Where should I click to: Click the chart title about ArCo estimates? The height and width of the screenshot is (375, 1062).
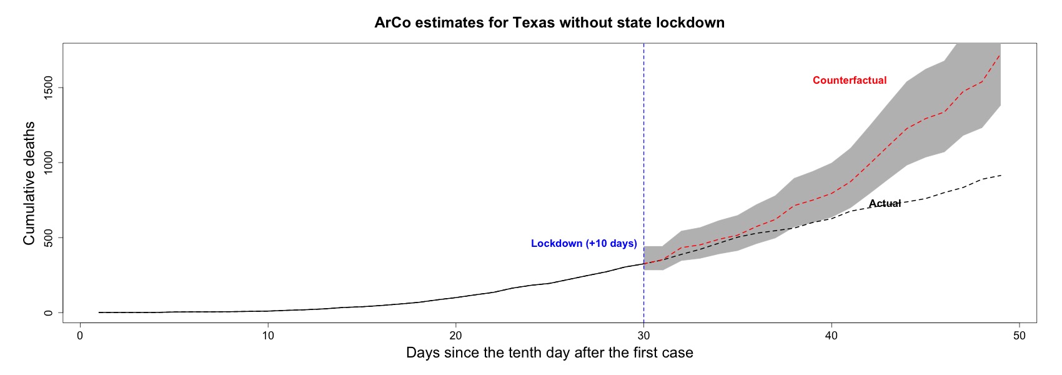(x=550, y=22)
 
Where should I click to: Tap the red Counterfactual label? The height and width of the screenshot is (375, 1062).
(x=850, y=81)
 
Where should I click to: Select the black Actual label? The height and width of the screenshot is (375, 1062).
(x=885, y=203)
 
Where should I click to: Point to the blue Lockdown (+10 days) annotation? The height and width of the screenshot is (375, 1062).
(x=584, y=243)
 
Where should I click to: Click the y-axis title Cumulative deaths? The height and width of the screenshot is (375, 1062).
(x=29, y=183)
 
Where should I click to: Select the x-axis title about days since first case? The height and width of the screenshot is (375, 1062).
(x=550, y=352)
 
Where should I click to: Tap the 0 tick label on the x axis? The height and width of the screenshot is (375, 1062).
(x=80, y=336)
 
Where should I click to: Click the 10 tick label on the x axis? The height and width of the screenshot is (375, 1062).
(x=268, y=336)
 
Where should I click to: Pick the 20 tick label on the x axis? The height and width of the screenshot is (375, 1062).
(x=455, y=336)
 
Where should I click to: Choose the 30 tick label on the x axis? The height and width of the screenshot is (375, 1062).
(x=643, y=336)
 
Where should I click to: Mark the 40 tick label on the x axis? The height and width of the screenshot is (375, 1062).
(x=831, y=336)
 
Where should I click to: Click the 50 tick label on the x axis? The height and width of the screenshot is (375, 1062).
(x=1019, y=336)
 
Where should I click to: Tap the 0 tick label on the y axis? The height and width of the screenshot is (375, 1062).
(x=48, y=313)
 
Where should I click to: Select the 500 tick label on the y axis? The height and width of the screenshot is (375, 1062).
(x=48, y=237)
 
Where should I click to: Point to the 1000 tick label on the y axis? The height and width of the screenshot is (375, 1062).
(x=48, y=162)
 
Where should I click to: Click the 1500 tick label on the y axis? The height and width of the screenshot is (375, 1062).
(x=48, y=87)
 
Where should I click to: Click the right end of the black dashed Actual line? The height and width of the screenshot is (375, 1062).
(x=1000, y=176)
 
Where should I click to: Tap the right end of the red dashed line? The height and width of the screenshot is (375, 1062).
(x=1000, y=54)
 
